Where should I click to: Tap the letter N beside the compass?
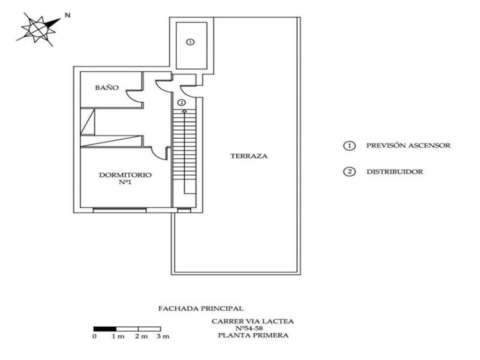[x=67, y=15]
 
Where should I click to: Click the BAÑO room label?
[x=107, y=88]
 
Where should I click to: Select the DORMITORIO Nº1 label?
[x=125, y=178]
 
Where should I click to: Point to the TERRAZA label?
[x=249, y=156]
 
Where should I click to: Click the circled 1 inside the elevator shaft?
[x=190, y=42]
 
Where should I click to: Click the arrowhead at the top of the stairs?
[x=184, y=111]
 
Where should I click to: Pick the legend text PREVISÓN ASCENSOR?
[x=408, y=145]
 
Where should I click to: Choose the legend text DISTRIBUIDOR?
[x=394, y=172]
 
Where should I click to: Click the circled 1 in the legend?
[x=349, y=146]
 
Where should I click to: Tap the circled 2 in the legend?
[x=349, y=172]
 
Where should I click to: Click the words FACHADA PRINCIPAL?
[x=201, y=308]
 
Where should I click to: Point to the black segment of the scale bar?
[x=105, y=329]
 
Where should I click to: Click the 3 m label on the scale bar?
[x=163, y=337]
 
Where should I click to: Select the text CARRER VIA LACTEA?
[x=253, y=321]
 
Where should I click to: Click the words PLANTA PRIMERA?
[x=253, y=335]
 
